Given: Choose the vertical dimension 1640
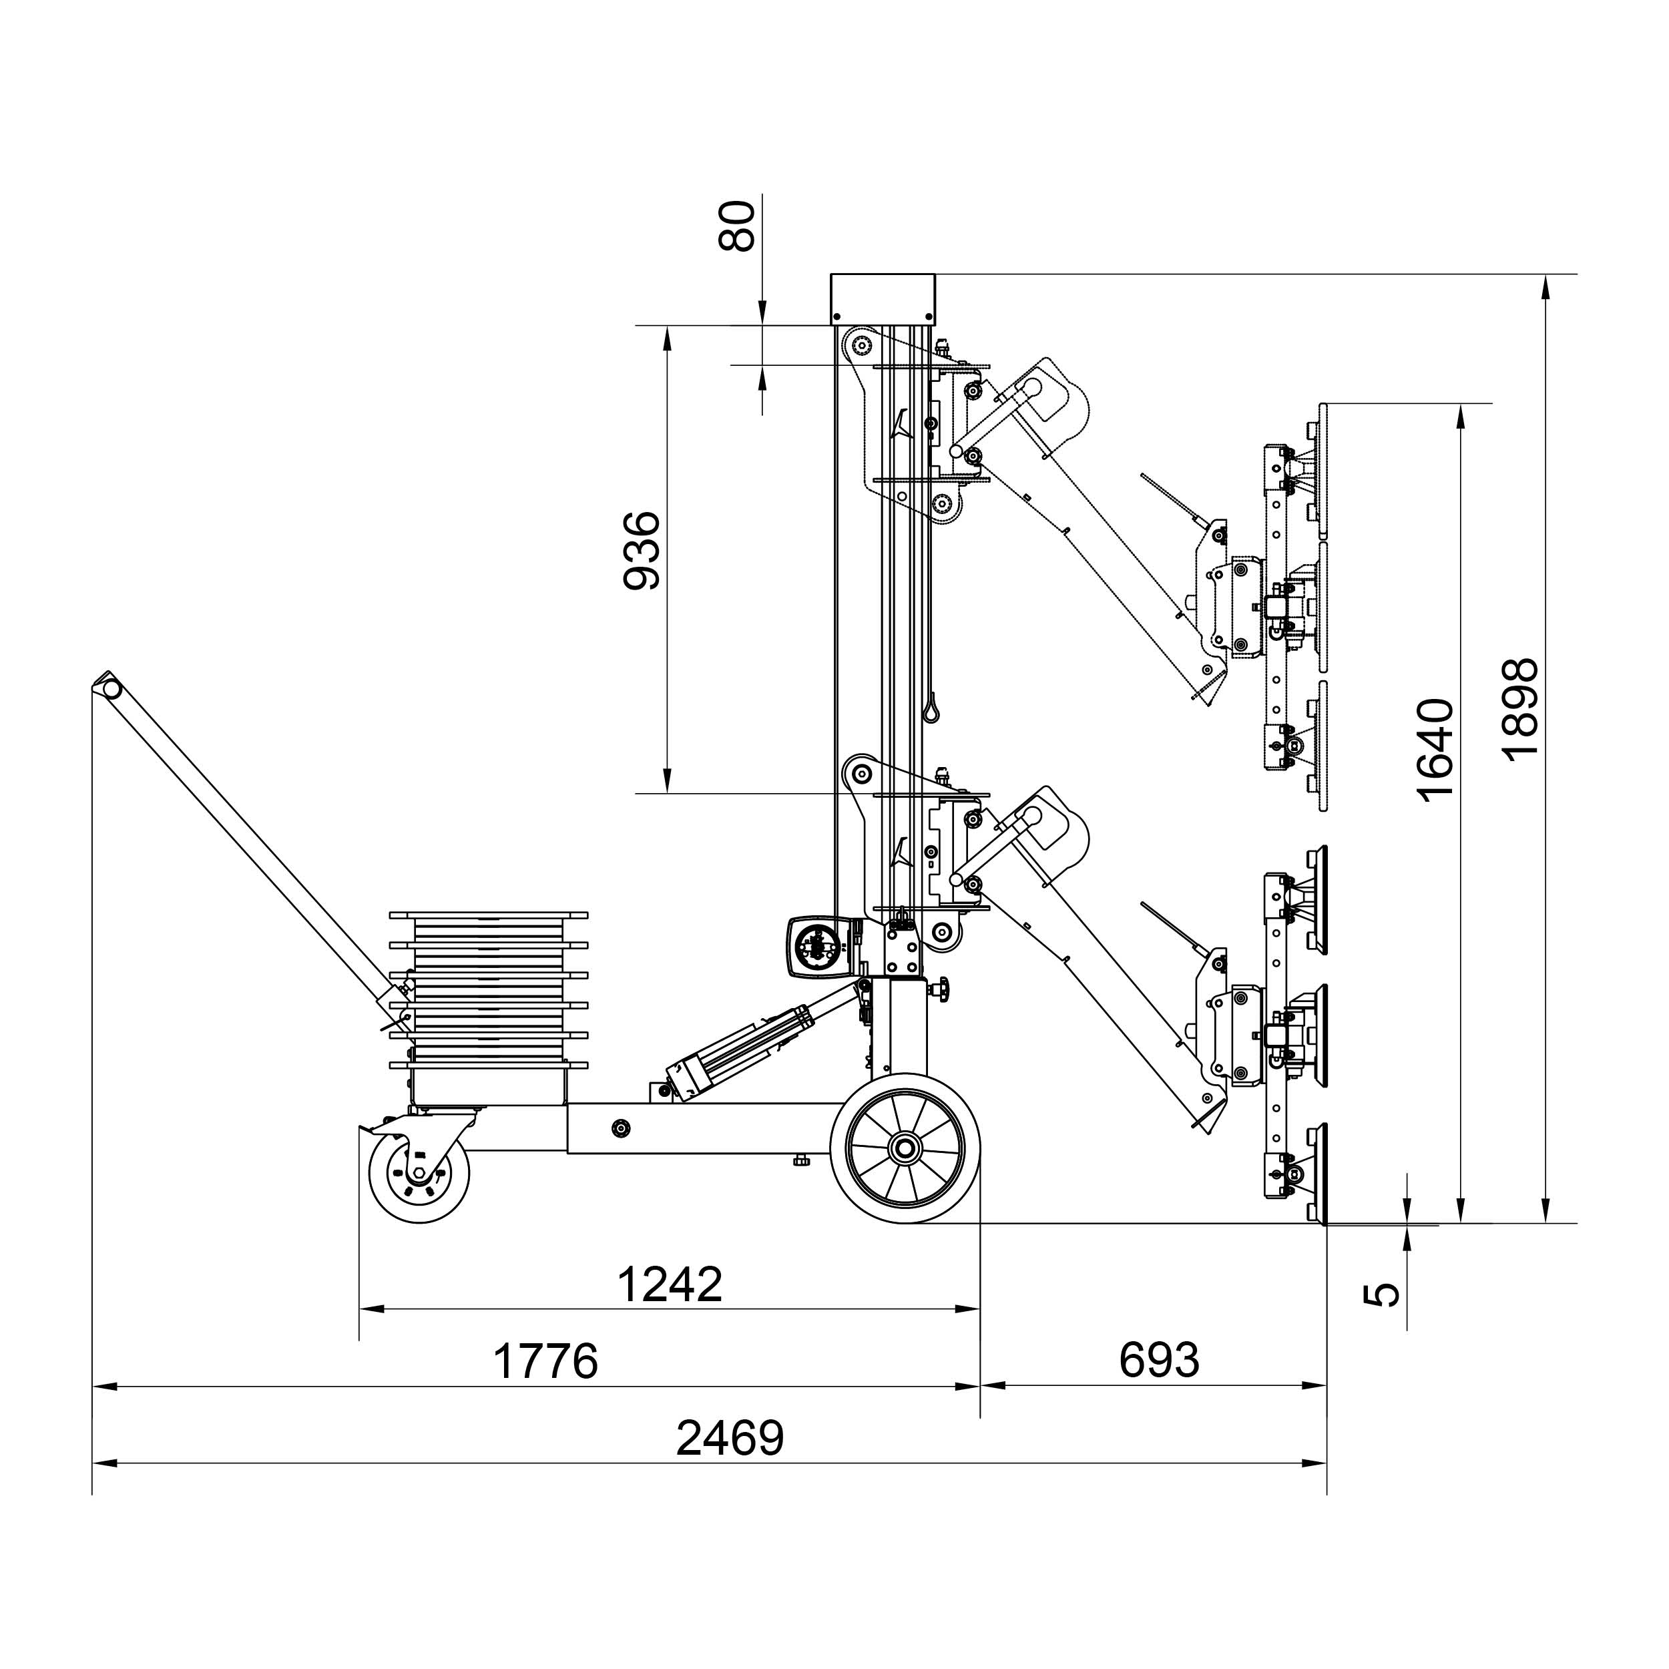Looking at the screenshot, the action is [x=1437, y=750].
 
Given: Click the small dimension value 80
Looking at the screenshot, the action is [x=738, y=226].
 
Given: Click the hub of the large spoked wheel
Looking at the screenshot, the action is [x=905, y=1149].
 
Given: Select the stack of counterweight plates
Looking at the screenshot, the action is [x=488, y=1007].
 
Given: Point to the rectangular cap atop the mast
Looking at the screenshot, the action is [x=883, y=299].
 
